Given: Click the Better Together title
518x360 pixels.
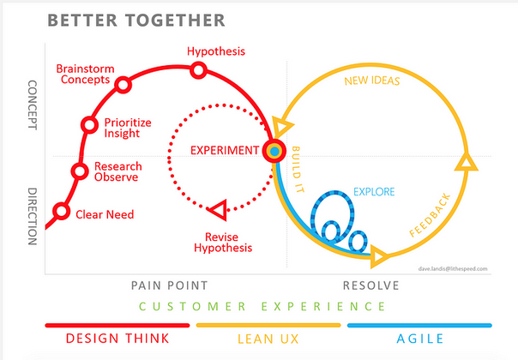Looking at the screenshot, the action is pos(136,21).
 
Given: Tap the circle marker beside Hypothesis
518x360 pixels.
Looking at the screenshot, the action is pos(199,70).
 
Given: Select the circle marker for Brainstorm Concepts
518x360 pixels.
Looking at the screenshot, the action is pos(123,85).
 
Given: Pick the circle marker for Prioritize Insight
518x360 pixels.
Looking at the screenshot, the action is pos(89,125).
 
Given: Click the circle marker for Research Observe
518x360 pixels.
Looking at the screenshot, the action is pos(80,171).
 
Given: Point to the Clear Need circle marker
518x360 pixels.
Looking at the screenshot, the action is pos(62,211).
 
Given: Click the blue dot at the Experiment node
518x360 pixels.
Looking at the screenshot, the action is pos(274,151).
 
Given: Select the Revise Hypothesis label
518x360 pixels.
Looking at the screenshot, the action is pos(223,243).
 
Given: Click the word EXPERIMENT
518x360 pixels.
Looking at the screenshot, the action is pos(225,151).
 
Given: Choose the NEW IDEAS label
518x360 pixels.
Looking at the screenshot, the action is pos(372,81).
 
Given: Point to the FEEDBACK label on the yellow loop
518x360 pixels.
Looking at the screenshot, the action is pos(430,215).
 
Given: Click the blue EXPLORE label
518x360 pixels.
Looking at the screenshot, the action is pos(374,192).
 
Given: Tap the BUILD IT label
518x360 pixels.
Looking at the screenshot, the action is pos(298,170).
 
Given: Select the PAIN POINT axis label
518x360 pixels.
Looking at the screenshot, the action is pos(170,285).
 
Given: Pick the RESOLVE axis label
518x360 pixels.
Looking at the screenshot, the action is pos(371,285).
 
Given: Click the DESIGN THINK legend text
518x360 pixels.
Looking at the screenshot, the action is pos(117,339).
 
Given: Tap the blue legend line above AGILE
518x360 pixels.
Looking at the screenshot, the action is pos(419,326).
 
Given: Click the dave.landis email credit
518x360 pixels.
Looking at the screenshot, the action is pos(453,269).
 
